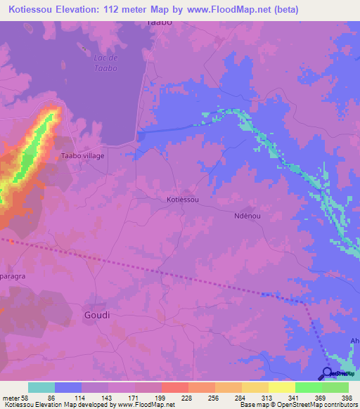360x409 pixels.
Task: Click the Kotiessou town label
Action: click(183, 200)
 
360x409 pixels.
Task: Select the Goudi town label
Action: click(97, 315)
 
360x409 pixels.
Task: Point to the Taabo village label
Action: click(83, 155)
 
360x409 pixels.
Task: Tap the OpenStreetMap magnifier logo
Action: click(328, 373)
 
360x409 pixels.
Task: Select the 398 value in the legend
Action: click(346, 398)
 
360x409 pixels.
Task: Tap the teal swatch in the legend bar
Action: click(41, 387)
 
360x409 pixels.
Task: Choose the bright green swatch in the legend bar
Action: click(309, 387)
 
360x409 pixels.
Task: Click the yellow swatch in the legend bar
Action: click(282, 387)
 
